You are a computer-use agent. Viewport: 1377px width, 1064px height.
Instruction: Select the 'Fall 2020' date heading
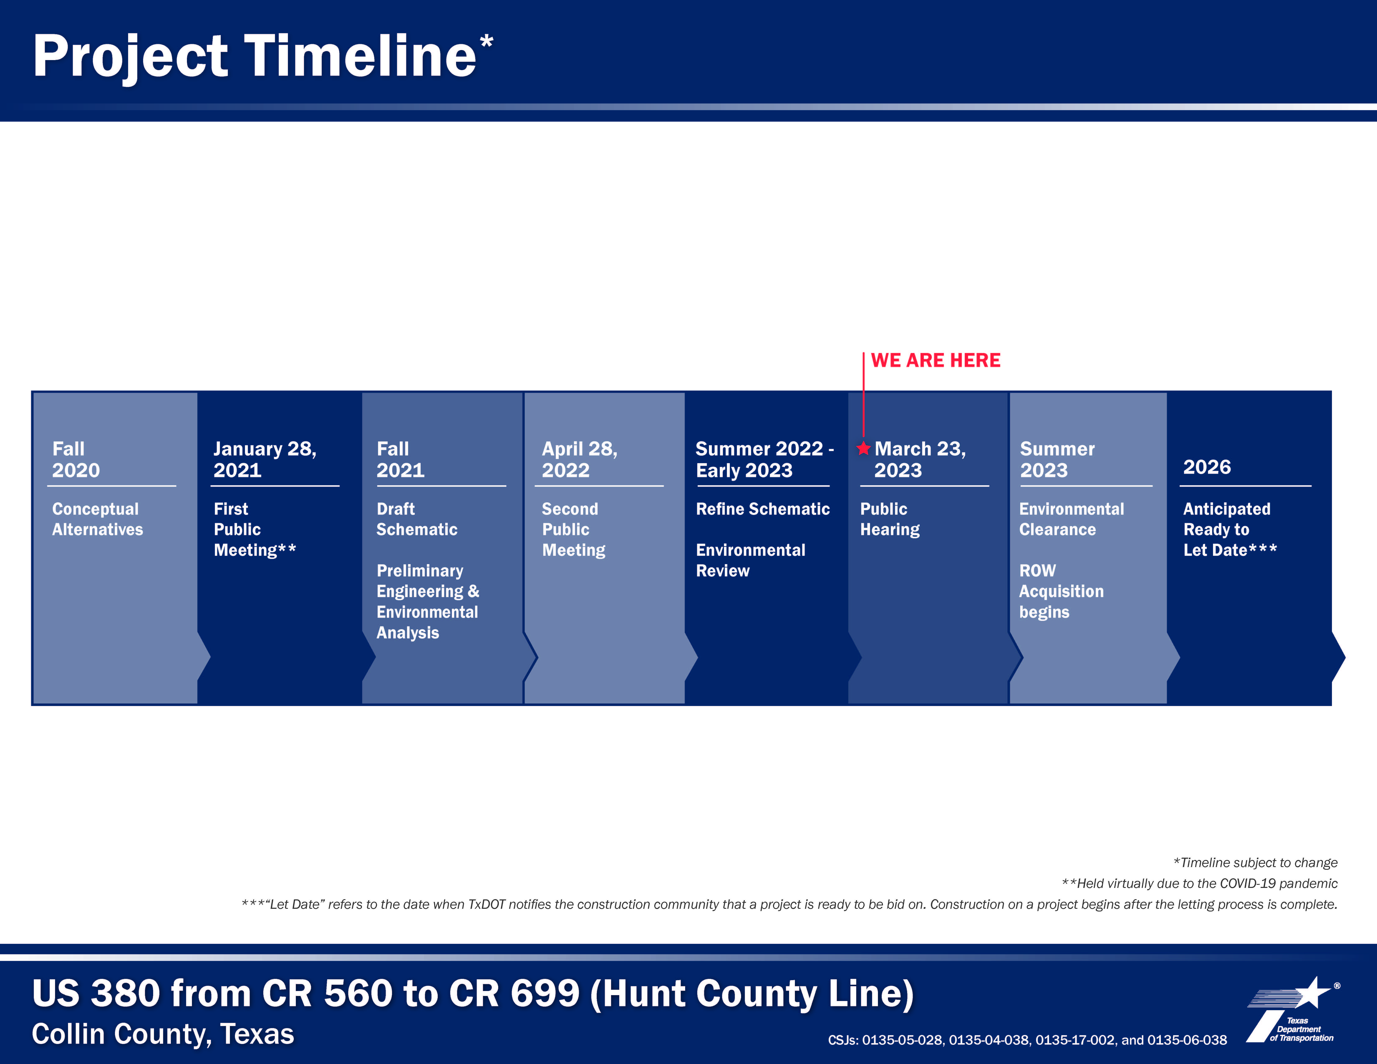pos(76,460)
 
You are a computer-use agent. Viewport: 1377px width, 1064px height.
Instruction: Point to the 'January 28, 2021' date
pos(265,460)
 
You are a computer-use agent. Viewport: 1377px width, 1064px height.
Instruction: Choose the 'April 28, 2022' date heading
pos(579,460)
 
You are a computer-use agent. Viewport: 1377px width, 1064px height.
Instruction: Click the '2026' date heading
pos(1207,467)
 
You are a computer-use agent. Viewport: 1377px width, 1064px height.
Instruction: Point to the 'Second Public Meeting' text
pos(574,529)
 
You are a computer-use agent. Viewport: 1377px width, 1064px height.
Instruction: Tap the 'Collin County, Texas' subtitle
pos(163,1034)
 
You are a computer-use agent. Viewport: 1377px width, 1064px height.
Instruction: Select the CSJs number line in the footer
pos(1027,1040)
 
